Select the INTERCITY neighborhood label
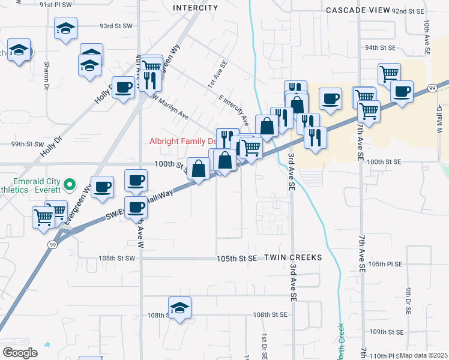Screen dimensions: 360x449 pyautogui.click(x=195, y=8)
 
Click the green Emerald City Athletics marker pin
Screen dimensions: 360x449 pyautogui.click(x=70, y=184)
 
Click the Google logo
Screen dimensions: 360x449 pyautogui.click(x=20, y=352)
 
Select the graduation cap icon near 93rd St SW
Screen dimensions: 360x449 pyautogui.click(x=65, y=28)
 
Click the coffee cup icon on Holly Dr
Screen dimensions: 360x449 pyautogui.click(x=124, y=88)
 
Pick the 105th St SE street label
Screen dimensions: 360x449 pyautogui.click(x=237, y=258)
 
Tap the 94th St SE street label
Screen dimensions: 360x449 pyautogui.click(x=380, y=47)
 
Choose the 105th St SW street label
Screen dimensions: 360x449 pyautogui.click(x=118, y=258)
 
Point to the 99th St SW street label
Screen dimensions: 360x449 pyautogui.click(x=28, y=144)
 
